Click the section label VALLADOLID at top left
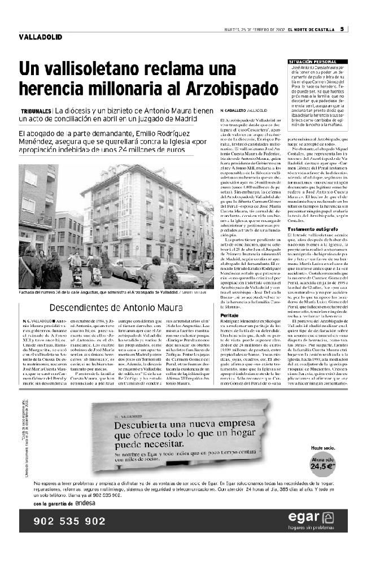pos(40,37)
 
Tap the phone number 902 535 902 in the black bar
pos(71,521)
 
